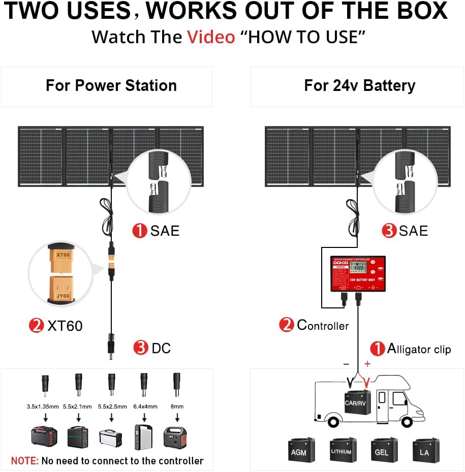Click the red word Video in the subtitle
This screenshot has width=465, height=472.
pyautogui.click(x=211, y=37)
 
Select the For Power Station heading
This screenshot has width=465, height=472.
pyautogui.click(x=111, y=85)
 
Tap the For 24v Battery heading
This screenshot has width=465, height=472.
pyautogui.click(x=359, y=85)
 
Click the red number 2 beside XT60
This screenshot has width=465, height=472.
pyautogui.click(x=36, y=325)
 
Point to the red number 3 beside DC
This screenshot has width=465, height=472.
pyautogui.click(x=141, y=348)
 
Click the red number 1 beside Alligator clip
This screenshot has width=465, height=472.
pyautogui.click(x=378, y=349)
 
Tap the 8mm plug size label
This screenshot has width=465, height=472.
pyautogui.click(x=177, y=406)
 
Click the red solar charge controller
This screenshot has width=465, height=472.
pyautogui.click(x=358, y=273)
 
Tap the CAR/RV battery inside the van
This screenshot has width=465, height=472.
pyautogui.click(x=356, y=401)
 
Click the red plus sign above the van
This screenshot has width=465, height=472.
pyautogui.click(x=367, y=364)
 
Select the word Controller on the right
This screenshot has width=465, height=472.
pyautogui.click(x=323, y=325)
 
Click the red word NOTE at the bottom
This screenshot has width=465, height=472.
pyautogui.click(x=25, y=461)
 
